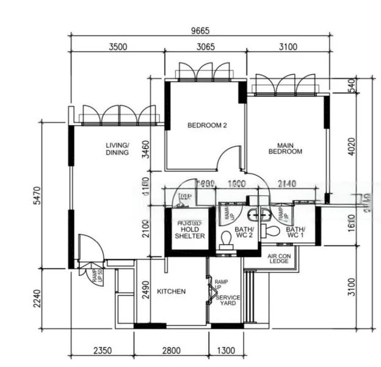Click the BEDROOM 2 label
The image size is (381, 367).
[x=207, y=125]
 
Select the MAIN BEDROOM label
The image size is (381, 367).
[x=286, y=149]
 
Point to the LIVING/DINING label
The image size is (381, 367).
[x=117, y=149]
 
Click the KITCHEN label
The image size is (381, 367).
[x=172, y=292]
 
